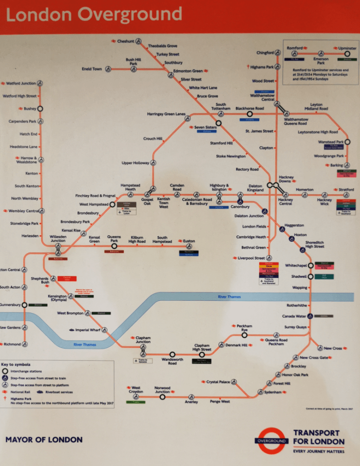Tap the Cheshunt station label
coord(126,41)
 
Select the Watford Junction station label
coord(21,83)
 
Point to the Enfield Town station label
coord(92,69)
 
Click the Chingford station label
coord(265,53)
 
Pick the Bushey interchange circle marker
coord(40,109)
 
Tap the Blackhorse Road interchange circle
coord(249,114)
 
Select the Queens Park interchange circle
coord(114,246)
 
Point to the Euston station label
coord(189,241)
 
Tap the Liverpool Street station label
coord(251,258)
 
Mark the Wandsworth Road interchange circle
coord(172,354)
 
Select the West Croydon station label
coord(136,390)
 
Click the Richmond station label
coord(12,344)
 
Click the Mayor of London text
coord(44,440)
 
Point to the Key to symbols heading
coord(16,364)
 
